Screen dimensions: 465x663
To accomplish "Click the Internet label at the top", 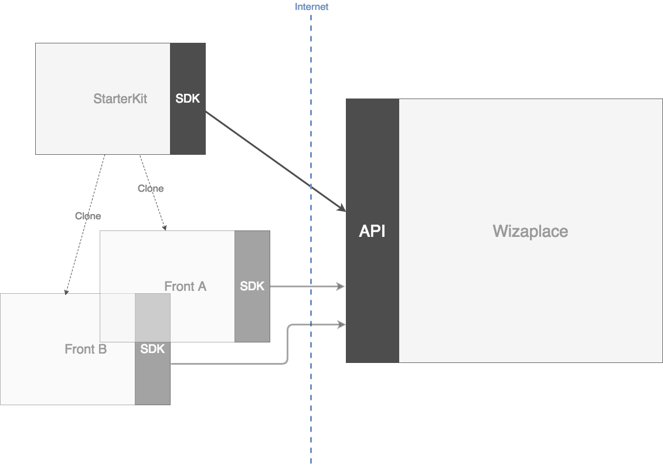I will coord(311,7).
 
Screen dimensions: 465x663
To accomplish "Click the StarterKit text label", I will coord(120,99).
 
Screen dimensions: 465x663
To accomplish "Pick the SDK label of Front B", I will coord(152,349).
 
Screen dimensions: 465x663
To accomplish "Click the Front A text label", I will coord(185,286).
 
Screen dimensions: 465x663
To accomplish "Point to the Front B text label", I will coord(86,349).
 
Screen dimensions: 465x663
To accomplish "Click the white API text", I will coord(372,231).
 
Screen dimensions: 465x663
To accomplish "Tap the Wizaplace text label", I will coord(530,231).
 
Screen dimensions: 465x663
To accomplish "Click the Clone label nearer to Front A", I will coord(151,188).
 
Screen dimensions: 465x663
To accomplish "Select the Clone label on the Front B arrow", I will coord(88,216).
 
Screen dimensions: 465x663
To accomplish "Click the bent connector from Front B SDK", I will coord(287,346).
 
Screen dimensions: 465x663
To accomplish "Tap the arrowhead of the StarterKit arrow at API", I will coord(342,209).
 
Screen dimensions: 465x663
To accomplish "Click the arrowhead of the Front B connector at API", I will coord(341,324).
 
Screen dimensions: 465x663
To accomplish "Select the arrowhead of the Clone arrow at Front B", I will coord(66,291).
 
